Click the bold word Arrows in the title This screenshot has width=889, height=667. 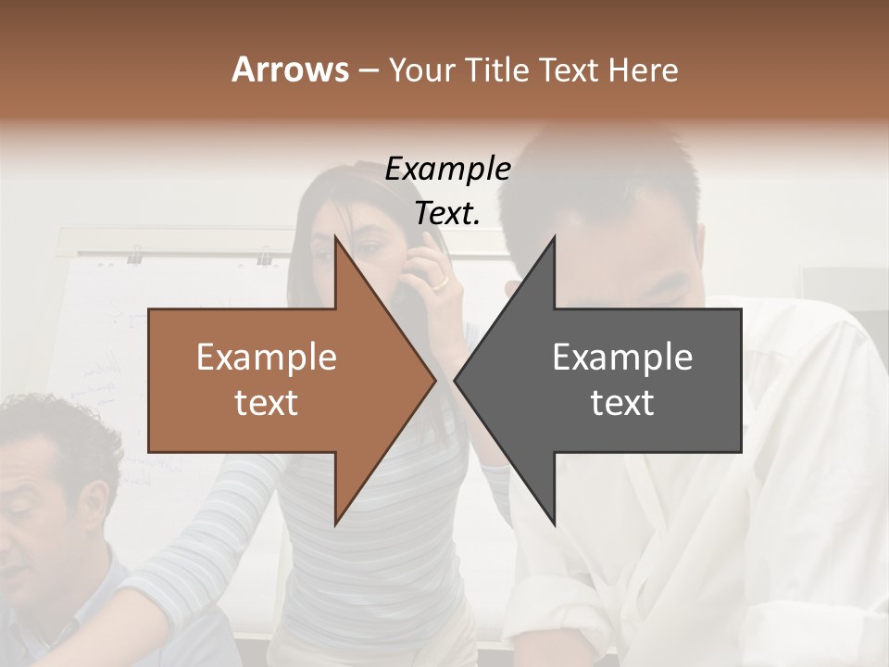pos(290,69)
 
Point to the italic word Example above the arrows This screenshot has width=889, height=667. pos(447,169)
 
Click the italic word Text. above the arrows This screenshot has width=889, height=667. pos(447,213)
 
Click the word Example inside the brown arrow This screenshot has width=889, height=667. pos(267,357)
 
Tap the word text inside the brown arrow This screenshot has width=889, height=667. pos(267,402)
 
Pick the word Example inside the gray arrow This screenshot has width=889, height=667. pos(622,357)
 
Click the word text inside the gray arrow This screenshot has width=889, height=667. pos(622,402)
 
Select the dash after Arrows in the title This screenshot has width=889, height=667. pos(368,70)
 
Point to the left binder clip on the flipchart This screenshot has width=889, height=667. pos(135,254)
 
